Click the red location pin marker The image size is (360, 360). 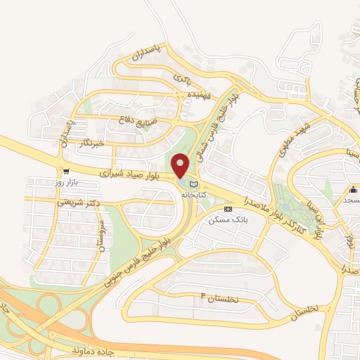181,166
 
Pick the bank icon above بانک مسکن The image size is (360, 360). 228,210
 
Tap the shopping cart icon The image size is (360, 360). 66,171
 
